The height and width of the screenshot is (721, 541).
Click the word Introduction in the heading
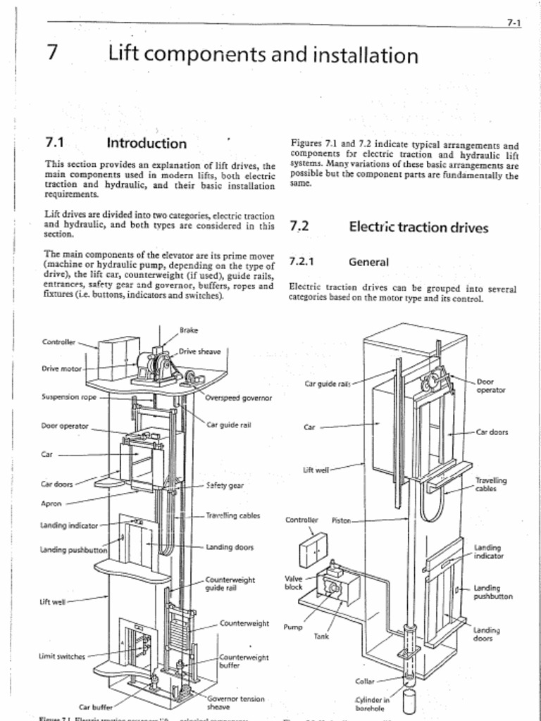(x=147, y=144)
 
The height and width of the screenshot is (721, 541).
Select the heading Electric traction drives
(x=418, y=227)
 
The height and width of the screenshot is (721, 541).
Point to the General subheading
(x=368, y=262)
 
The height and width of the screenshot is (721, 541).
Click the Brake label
(x=189, y=330)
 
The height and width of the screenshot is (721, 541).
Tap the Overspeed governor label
(x=239, y=398)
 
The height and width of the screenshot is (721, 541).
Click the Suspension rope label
(x=69, y=396)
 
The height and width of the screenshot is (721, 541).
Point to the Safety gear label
(x=225, y=485)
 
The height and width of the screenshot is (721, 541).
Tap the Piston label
(x=342, y=521)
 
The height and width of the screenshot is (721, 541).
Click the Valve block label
(x=294, y=582)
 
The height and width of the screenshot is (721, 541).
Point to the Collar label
(x=366, y=681)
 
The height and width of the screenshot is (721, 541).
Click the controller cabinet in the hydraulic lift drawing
(x=313, y=551)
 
